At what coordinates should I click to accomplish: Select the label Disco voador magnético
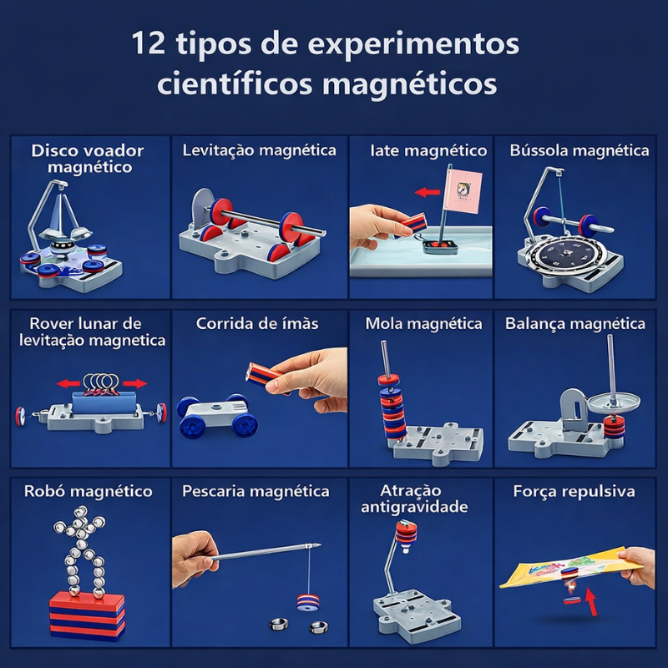coord(88,159)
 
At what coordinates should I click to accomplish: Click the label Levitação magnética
coord(259,150)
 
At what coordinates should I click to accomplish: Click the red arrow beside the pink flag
coord(428,192)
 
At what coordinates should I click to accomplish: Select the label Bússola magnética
coord(579,150)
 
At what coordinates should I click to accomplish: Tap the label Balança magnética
coord(574,323)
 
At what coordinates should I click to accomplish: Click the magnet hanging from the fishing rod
coord(308,600)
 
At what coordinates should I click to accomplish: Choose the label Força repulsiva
coord(574,491)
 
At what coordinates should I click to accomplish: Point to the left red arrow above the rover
coord(70,384)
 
